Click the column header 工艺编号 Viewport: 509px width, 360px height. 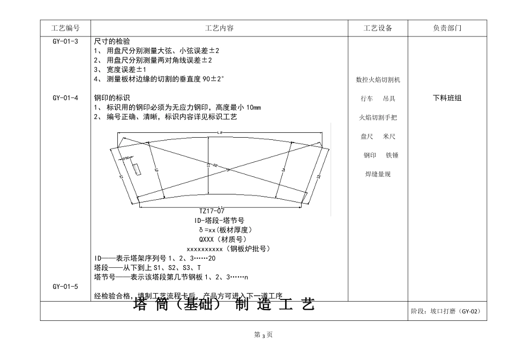[65, 28]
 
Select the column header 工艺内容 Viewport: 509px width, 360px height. [219, 28]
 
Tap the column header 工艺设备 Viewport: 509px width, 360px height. [378, 28]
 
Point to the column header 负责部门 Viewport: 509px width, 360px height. [447, 28]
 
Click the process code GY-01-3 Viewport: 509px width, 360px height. [65, 41]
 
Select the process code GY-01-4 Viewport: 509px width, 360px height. [65, 98]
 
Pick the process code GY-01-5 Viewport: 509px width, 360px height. [65, 287]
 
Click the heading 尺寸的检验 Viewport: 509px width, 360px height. [111, 41]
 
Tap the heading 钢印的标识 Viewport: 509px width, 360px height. [111, 98]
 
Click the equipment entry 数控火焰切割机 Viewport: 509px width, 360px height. [378, 80]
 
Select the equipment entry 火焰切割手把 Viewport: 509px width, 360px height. [378, 117]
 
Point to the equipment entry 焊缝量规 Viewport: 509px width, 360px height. [378, 174]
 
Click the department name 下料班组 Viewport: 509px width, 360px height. [447, 98]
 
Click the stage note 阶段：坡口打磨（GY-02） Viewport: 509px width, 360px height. [446, 311]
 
